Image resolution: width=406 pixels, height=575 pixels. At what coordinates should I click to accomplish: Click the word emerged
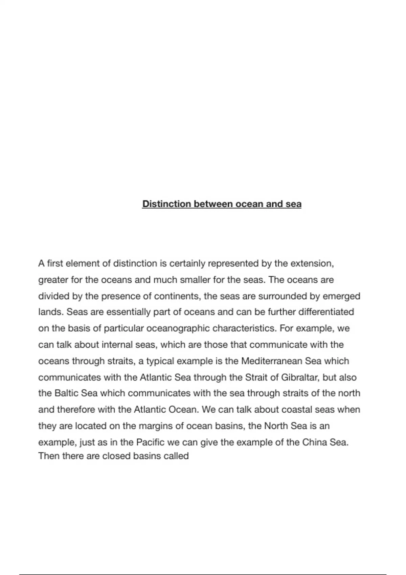tap(341, 296)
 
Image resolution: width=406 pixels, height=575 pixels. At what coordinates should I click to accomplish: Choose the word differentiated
tap(326, 312)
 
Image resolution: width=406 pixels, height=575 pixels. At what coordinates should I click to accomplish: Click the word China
tap(314, 442)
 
